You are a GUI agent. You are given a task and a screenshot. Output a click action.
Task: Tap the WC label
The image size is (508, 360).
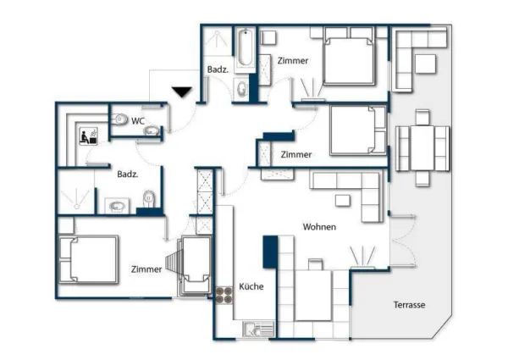[x=137, y=121]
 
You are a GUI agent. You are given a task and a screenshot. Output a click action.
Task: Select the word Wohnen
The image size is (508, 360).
[x=320, y=227]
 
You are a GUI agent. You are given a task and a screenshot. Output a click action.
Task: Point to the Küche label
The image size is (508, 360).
[x=251, y=286]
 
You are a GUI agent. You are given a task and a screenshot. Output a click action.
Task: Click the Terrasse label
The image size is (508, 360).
[x=409, y=304]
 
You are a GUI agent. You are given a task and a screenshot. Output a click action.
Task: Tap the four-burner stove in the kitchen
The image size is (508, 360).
[x=224, y=296]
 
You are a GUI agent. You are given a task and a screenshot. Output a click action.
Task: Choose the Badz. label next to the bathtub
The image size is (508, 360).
[x=215, y=69]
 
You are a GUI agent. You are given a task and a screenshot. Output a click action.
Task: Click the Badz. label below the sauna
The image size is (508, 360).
[x=128, y=174]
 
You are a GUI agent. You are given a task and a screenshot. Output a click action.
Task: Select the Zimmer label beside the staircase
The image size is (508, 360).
[x=146, y=269]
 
